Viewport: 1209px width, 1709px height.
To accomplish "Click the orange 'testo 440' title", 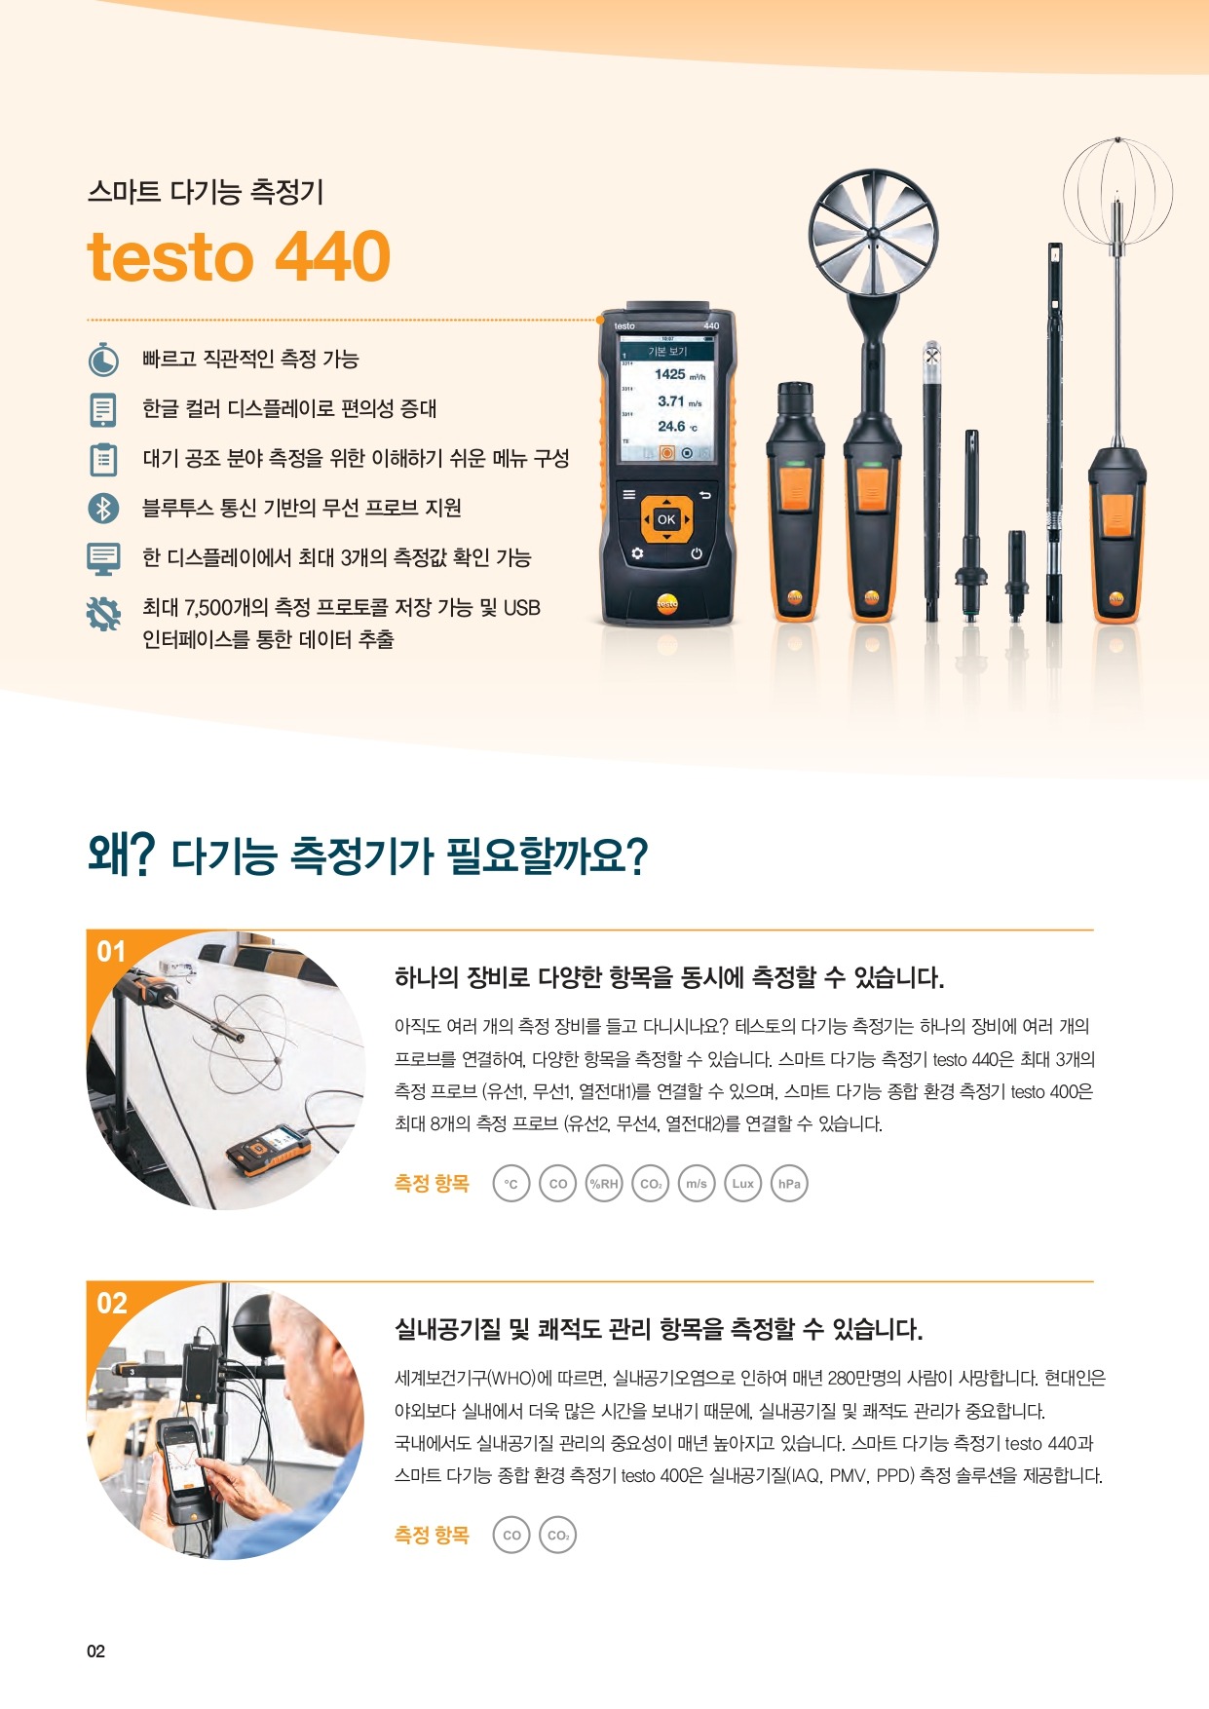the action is pyautogui.click(x=239, y=256).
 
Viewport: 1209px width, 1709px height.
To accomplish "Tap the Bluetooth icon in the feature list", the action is pyautogui.click(x=103, y=508).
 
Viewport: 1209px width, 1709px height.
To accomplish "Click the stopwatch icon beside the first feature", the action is pyautogui.click(x=103, y=360).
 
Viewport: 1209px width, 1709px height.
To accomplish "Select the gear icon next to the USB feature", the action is pyautogui.click(x=103, y=613).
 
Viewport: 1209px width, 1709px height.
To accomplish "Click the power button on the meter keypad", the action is pyautogui.click(x=697, y=553).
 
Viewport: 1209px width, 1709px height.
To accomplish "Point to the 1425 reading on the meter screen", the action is pyautogui.click(x=669, y=374).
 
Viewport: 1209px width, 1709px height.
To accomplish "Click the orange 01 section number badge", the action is pyautogui.click(x=111, y=951).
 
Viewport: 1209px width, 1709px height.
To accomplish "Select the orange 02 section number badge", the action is pyautogui.click(x=112, y=1303).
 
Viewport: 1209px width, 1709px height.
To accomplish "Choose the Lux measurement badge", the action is pyautogui.click(x=742, y=1184).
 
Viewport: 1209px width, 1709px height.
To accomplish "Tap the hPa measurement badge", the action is pyautogui.click(x=789, y=1184).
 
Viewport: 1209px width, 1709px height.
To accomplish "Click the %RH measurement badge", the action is pyautogui.click(x=604, y=1184).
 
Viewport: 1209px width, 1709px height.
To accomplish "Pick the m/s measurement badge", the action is pyautogui.click(x=697, y=1184).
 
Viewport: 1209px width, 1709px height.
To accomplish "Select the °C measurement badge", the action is pyautogui.click(x=511, y=1184).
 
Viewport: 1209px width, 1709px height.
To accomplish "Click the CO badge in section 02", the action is pyautogui.click(x=511, y=1536).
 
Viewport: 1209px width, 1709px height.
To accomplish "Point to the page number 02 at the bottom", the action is pyautogui.click(x=95, y=1651).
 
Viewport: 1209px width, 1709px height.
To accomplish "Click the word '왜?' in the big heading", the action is pyautogui.click(x=122, y=855).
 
